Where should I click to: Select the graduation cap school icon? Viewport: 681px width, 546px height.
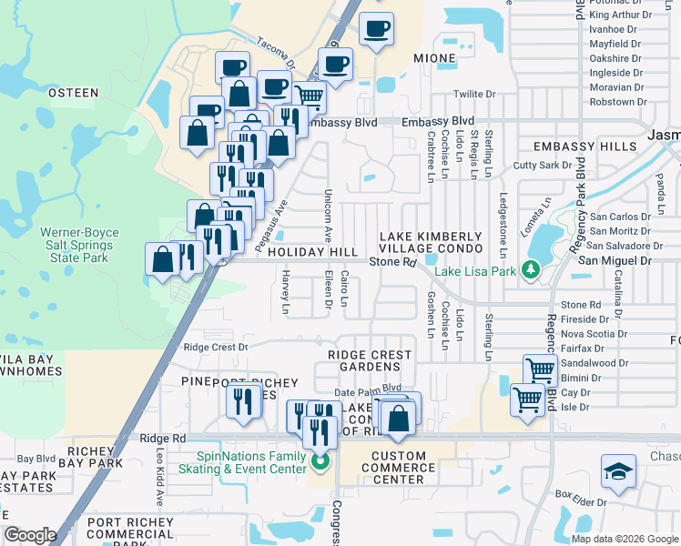point(618,471)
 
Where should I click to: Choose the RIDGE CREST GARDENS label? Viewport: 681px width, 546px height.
point(370,361)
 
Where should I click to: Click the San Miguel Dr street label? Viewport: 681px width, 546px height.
point(622,261)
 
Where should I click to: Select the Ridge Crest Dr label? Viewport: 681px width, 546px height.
point(216,347)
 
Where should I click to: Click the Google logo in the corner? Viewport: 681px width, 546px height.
point(30,535)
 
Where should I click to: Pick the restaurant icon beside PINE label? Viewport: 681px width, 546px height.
point(243,400)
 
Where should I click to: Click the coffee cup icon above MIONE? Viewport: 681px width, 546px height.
point(376,28)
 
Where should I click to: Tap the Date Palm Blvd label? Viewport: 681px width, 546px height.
point(368,389)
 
